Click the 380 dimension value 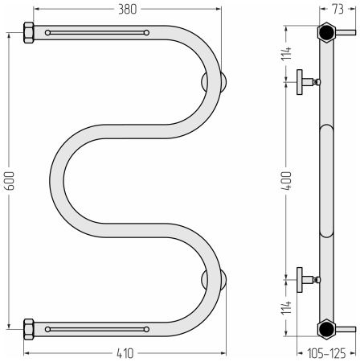pos(128,10)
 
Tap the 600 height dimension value pos(10,181)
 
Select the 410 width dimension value pos(125,353)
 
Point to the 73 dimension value pos(337,9)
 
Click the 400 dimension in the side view pos(286,181)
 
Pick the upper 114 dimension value pos(286,53)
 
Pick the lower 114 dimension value pos(286,307)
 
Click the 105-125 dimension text pos(326,353)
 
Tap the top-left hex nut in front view pos(29,33)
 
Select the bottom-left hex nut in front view pos(29,329)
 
